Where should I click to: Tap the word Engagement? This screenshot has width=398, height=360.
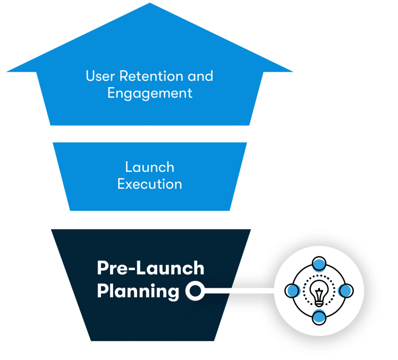coord(150,93)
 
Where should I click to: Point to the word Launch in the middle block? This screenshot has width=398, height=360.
coord(150,167)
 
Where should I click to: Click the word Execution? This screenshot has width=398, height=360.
coord(150,184)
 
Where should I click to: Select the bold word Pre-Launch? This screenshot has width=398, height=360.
coord(150,268)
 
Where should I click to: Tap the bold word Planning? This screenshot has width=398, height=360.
coord(138,291)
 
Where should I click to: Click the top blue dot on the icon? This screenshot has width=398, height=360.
coord(319,263)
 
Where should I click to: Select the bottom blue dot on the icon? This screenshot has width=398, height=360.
coord(319,318)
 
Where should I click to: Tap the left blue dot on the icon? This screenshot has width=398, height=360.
coord(292,290)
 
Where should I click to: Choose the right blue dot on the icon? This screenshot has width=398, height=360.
coord(346,290)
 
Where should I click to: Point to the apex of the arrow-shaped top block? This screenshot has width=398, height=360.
coord(150,4)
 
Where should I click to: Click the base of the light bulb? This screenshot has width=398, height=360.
coord(319,302)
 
